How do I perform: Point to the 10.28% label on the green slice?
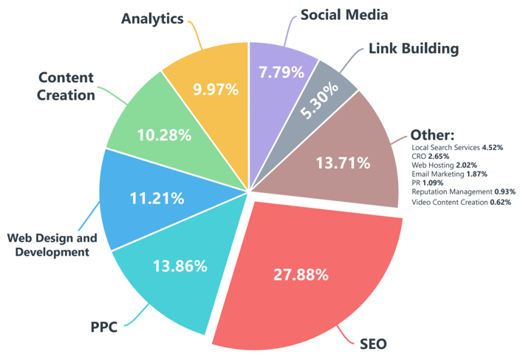coord(164,135)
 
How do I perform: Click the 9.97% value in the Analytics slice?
coord(215,89)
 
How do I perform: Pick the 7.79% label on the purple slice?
coord(281,72)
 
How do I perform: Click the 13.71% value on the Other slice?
coord(342,163)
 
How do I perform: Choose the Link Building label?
coord(413,49)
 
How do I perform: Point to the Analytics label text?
coord(152,19)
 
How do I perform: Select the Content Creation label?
coord(66,86)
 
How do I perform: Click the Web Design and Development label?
coord(52,245)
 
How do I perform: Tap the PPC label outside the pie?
coord(104,325)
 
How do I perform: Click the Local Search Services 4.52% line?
coord(457,148)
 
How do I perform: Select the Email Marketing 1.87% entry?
coord(450,174)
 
